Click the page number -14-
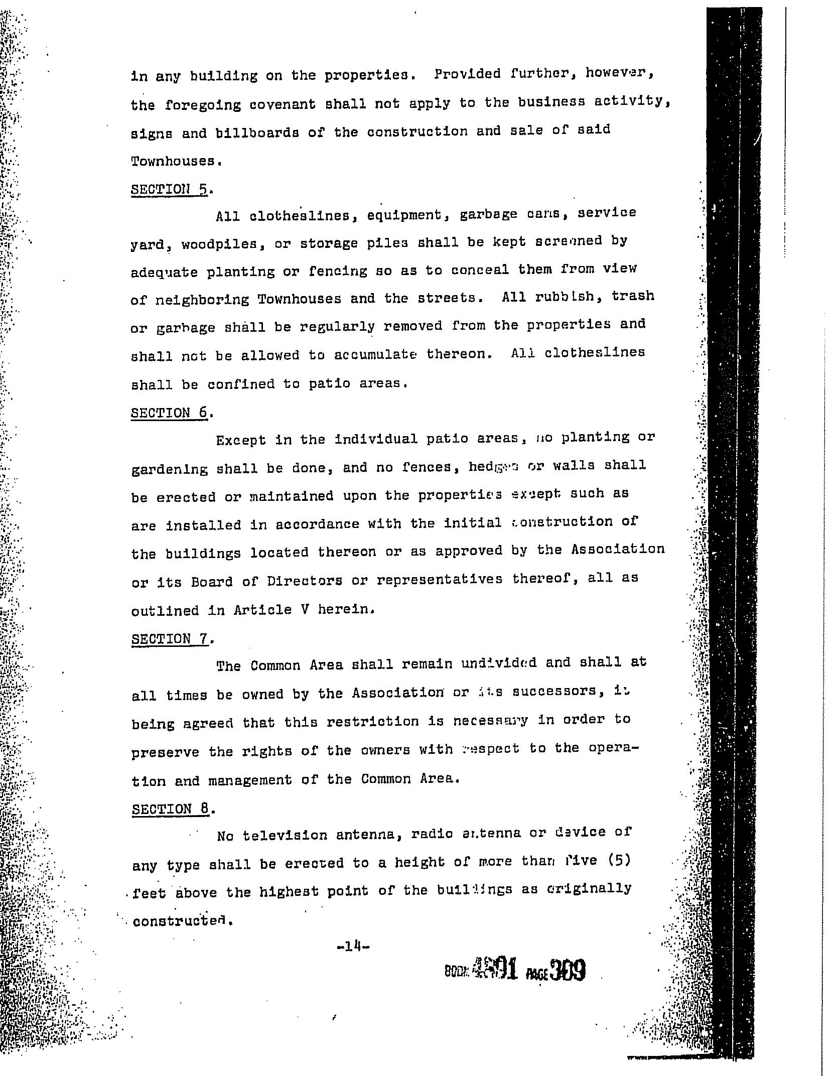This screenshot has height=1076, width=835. pyautogui.click(x=354, y=947)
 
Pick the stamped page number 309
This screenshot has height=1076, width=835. pyautogui.click(x=567, y=971)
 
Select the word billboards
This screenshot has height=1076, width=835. pyautogui.click(x=257, y=133)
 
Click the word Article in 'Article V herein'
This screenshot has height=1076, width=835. pyautogui.click(x=263, y=610)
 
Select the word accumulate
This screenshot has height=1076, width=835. pyautogui.click(x=375, y=354)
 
